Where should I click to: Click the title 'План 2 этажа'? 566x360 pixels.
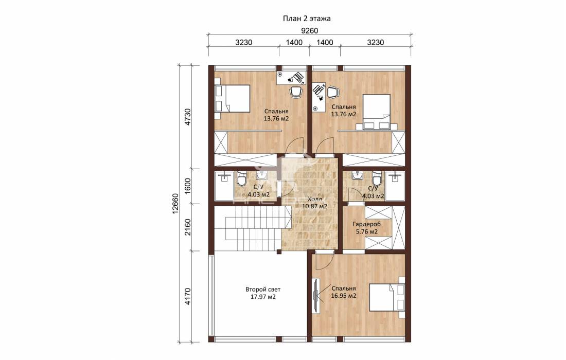(x=307, y=19)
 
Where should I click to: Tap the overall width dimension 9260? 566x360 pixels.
(x=309, y=31)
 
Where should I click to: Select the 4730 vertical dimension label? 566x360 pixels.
(x=188, y=117)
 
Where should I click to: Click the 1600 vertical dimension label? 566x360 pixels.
(x=188, y=186)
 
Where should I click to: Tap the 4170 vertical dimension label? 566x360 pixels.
(x=188, y=296)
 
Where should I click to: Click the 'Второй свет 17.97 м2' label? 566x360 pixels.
(x=263, y=293)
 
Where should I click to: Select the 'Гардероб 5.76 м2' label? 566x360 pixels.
(x=367, y=228)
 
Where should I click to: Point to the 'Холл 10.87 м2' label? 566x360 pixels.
(x=314, y=203)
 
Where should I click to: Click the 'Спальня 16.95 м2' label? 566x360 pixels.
(x=344, y=292)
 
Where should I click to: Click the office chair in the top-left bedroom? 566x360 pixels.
(x=296, y=92)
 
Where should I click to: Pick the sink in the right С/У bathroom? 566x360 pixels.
(x=358, y=176)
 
